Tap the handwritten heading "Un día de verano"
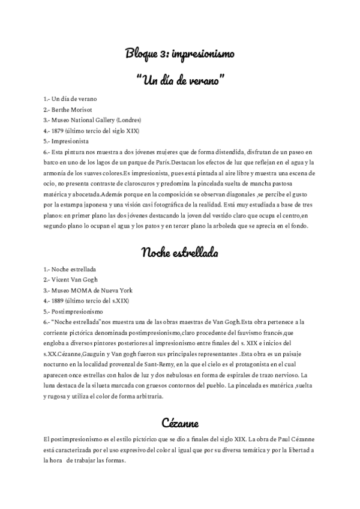coord(180,79)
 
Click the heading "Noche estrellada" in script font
coord(179,252)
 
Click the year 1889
coord(58,300)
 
